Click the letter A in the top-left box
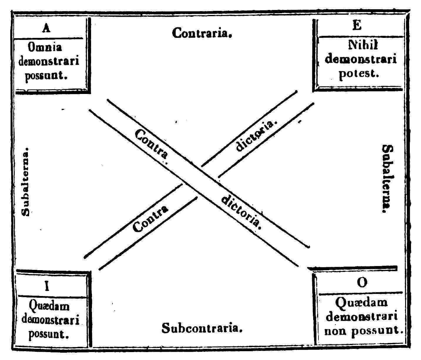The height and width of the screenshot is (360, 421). coord(46,28)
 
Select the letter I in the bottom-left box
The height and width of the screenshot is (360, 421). coord(46,286)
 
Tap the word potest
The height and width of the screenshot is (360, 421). coord(358,73)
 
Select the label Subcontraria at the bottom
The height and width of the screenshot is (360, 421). coord(202,328)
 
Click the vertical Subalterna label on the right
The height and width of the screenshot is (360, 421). coord(388,179)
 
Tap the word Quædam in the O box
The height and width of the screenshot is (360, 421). coord(361,302)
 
